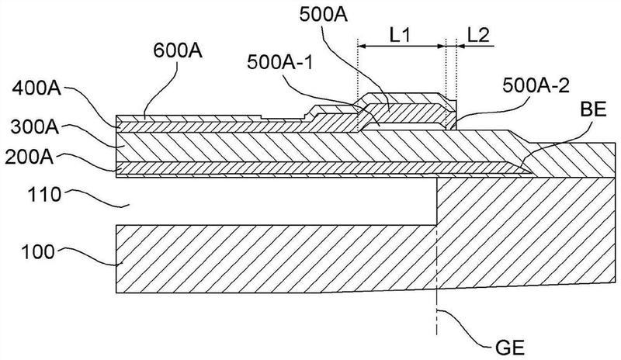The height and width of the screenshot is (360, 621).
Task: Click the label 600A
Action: (x=178, y=50)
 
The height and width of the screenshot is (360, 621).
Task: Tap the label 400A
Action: (x=36, y=88)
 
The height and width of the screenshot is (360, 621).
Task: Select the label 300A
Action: (x=35, y=127)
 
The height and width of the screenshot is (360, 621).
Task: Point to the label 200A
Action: (x=29, y=157)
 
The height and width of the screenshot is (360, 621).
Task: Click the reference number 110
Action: (x=44, y=196)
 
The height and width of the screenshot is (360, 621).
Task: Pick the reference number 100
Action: (x=37, y=252)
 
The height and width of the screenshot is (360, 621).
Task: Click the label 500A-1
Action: (x=280, y=63)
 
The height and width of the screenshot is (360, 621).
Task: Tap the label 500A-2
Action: (x=536, y=86)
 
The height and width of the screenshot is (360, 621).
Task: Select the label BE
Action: (x=593, y=109)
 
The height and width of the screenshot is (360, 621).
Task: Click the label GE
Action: (x=510, y=348)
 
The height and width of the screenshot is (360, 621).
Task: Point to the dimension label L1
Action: (x=400, y=36)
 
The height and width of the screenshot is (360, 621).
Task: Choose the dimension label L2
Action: (x=478, y=36)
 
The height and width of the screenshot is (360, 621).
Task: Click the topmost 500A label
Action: (x=324, y=16)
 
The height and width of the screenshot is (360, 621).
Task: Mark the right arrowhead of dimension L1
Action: (x=442, y=47)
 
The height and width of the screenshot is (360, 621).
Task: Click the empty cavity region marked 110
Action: (x=276, y=201)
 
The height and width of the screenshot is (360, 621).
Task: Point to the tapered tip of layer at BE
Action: (x=531, y=173)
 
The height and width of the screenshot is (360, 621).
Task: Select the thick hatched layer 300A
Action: (x=317, y=147)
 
